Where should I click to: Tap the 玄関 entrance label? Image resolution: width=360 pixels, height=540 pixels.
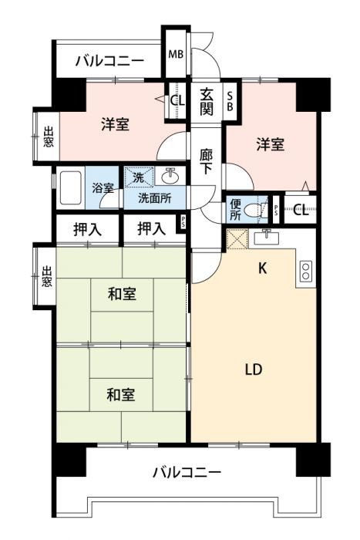[207, 100]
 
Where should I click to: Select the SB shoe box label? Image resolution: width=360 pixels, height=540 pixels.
[229, 100]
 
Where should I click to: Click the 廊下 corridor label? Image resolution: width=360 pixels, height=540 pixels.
[207, 160]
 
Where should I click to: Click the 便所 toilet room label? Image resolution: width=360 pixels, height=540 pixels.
[236, 209]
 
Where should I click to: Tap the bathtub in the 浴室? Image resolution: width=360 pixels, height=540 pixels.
[70, 186]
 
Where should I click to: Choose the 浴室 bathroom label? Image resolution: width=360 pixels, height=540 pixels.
[103, 187]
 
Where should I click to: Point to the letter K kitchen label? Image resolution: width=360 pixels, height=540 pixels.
[262, 268]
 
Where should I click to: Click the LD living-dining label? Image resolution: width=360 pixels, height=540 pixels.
[254, 369]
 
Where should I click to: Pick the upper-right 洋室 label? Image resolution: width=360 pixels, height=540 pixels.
[270, 143]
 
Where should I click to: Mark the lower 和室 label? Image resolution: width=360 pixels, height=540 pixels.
[121, 395]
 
